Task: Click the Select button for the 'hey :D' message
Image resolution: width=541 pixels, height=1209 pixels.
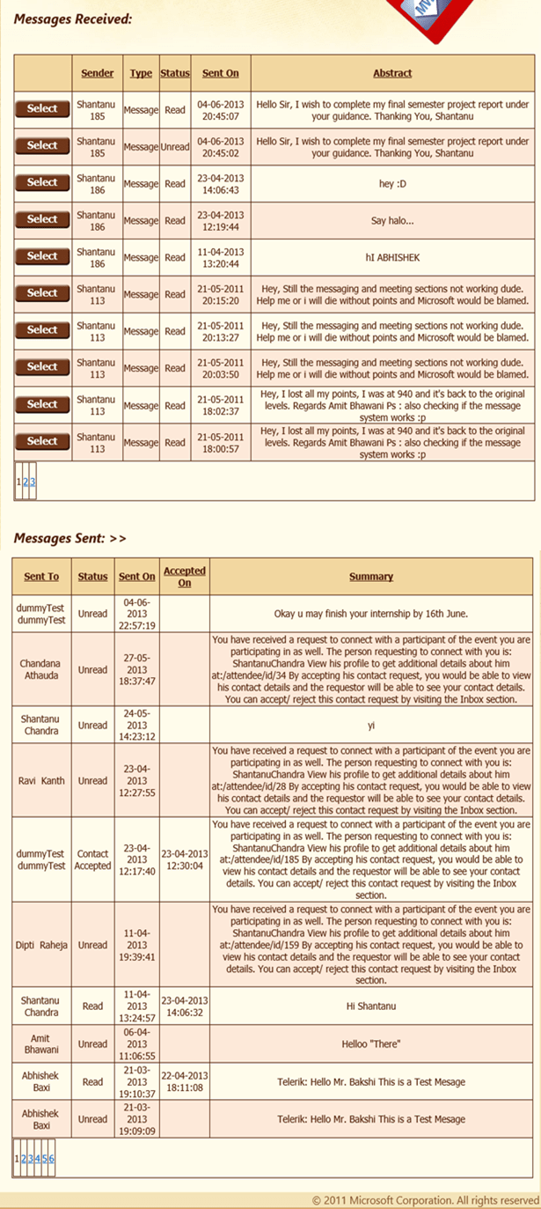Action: (x=42, y=182)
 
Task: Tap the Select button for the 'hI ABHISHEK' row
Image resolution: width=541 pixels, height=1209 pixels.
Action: (x=42, y=256)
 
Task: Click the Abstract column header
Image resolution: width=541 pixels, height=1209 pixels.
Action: (x=392, y=73)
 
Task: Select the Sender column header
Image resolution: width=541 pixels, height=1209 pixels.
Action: (x=97, y=73)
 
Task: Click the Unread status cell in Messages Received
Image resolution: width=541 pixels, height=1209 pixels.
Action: (x=174, y=147)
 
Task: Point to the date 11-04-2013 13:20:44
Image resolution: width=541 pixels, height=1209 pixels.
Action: (x=220, y=257)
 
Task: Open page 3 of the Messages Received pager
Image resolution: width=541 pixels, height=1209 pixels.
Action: (x=33, y=482)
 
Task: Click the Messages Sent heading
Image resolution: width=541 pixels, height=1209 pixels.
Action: (x=69, y=537)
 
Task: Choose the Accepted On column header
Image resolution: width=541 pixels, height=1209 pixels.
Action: (x=185, y=577)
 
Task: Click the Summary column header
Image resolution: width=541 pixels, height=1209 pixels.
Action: (x=370, y=577)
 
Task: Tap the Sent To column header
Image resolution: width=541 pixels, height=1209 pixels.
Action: (x=41, y=577)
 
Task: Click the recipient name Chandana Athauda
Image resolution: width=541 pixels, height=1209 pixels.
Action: (x=42, y=669)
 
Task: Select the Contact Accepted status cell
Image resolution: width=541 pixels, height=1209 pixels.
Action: (x=92, y=859)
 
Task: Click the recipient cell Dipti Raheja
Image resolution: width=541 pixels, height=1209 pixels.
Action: (x=42, y=944)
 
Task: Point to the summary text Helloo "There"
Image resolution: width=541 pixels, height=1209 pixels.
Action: (x=370, y=1044)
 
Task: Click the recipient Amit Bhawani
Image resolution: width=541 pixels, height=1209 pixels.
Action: (x=41, y=1044)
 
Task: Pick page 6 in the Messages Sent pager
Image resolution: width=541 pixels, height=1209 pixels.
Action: (x=51, y=1158)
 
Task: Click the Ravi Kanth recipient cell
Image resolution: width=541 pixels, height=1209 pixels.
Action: (x=42, y=780)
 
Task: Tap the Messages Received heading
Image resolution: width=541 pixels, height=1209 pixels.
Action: (x=73, y=18)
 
